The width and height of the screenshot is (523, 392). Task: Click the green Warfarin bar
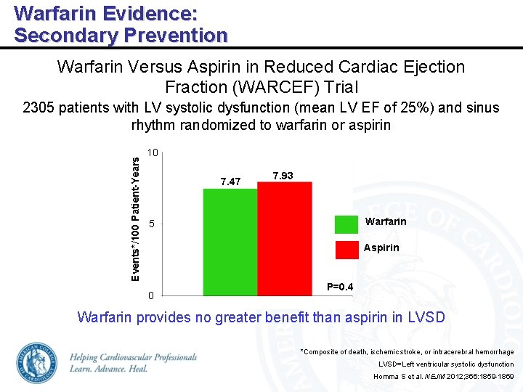230,242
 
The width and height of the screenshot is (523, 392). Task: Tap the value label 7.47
230,181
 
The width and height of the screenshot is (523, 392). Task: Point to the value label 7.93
283,176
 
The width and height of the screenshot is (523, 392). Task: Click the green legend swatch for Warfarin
348,222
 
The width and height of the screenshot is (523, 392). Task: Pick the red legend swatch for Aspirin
348,248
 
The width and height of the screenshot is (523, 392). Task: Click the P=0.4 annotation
340,287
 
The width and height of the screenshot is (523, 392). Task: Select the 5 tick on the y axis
151,224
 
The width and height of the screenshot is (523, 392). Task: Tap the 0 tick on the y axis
150,295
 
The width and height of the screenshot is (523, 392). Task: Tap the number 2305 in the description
38,108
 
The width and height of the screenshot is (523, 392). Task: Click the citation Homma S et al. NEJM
443,377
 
